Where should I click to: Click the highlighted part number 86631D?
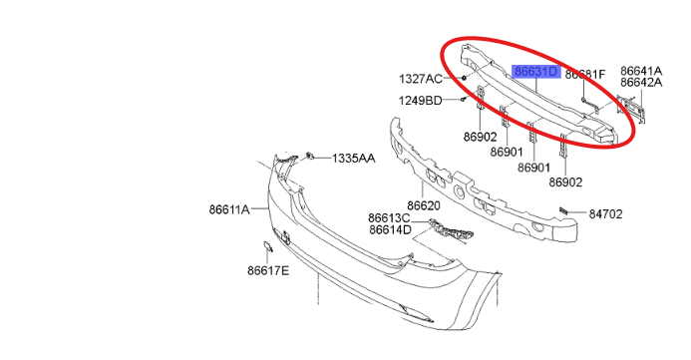536,73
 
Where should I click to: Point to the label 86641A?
640,71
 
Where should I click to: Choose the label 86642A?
640,83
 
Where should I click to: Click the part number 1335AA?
353,158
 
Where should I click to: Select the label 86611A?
229,209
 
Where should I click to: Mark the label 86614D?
389,230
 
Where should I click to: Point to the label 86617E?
268,269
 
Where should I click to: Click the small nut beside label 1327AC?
466,77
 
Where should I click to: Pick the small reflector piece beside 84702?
565,210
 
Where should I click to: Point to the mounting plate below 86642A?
630,107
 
